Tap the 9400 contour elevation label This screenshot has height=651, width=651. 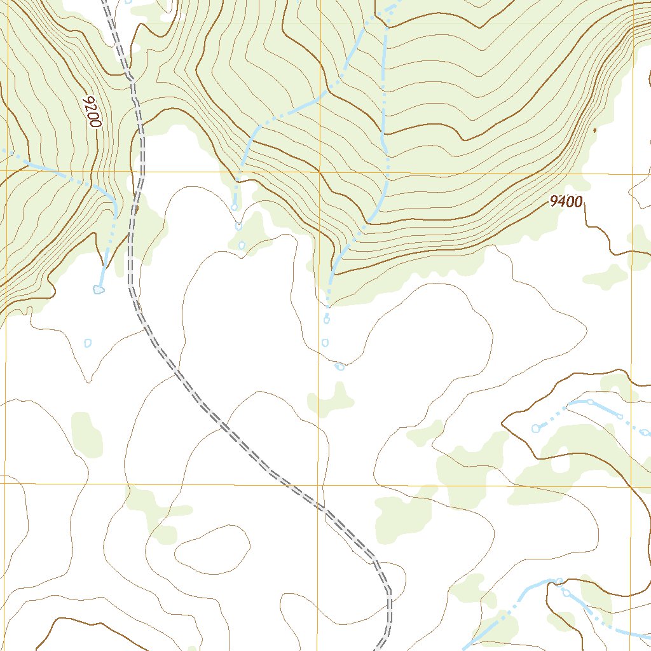click(x=566, y=202)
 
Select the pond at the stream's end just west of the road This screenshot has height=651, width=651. click(x=99, y=290)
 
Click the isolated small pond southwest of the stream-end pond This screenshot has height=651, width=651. click(x=88, y=343)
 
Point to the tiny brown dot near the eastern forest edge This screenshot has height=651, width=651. click(x=594, y=130)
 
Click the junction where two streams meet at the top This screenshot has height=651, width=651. click(x=385, y=13)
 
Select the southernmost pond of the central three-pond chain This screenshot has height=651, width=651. click(x=339, y=366)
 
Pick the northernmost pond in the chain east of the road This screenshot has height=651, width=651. click(x=235, y=207)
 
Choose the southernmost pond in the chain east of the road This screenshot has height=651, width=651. click(x=242, y=245)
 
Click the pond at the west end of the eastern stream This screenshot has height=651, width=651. click(x=535, y=428)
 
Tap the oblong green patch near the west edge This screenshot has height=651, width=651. click(x=86, y=435)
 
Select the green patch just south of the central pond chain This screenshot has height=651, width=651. click(x=331, y=401)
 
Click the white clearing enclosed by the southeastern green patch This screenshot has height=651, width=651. click(x=561, y=463)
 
